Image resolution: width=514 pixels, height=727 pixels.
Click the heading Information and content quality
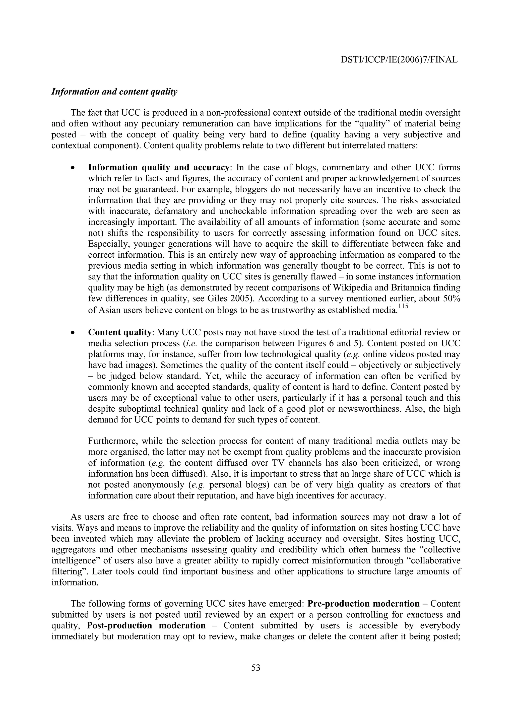114,92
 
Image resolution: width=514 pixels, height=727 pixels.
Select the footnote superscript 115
402,307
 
